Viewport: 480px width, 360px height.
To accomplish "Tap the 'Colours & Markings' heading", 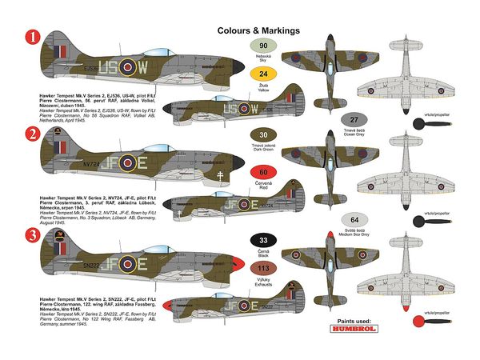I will (x=258, y=30).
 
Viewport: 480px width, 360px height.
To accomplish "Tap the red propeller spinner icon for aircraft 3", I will (x=418, y=322).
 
